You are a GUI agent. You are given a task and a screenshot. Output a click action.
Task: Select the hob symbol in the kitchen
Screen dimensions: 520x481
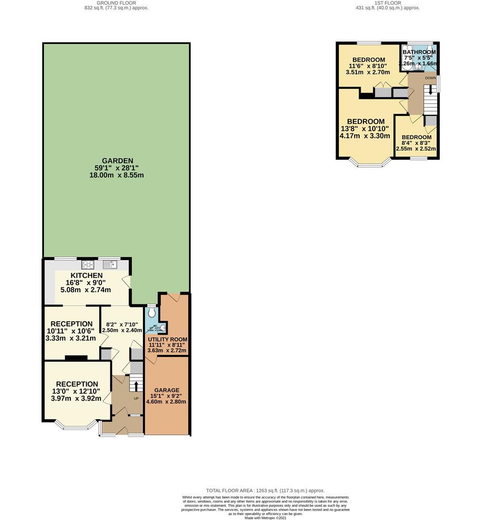(88, 264)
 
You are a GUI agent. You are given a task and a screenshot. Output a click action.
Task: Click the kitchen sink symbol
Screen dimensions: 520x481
(109, 264)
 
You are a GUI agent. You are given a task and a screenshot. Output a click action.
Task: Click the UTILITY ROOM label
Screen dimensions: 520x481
(168, 339)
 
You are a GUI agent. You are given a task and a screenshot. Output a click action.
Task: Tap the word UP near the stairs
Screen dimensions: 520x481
(136, 399)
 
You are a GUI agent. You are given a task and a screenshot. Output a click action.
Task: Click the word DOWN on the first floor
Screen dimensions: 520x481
(430, 78)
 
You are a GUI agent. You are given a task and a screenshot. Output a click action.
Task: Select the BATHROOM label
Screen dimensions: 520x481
(419, 52)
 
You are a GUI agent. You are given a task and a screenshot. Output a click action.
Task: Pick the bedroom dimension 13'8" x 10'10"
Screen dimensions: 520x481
(366, 129)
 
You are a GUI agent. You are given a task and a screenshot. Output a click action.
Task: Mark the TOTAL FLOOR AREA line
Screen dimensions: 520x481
(265, 490)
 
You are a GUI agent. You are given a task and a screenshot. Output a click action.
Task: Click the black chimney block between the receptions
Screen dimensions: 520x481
(76, 358)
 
